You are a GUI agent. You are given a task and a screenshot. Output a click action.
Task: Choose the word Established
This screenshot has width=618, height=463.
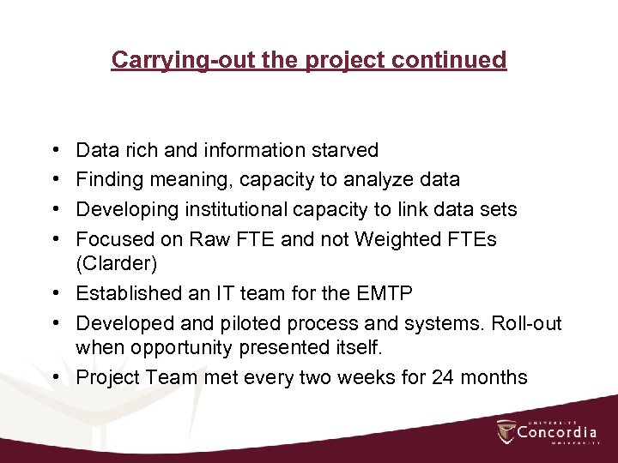(126, 293)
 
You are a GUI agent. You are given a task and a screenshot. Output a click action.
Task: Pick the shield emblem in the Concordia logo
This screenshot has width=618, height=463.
(506, 432)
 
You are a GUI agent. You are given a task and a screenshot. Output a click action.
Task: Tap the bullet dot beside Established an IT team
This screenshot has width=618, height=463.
(56, 294)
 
